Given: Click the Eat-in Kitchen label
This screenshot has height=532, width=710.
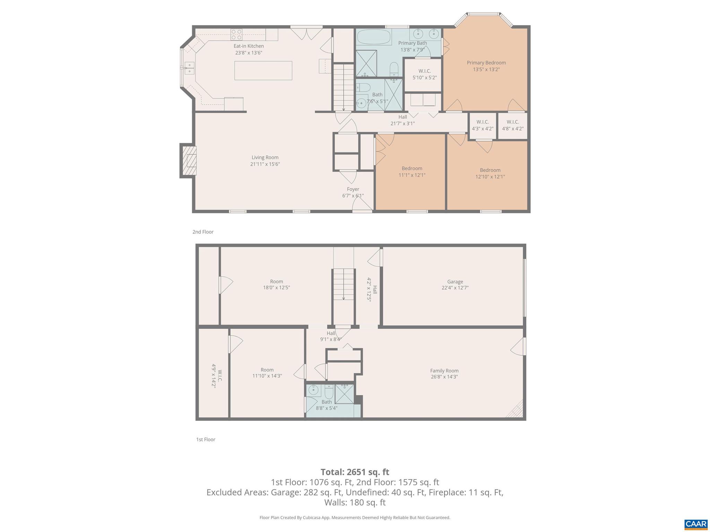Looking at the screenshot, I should (249, 46).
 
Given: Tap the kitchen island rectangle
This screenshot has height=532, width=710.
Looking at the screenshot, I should (263, 70).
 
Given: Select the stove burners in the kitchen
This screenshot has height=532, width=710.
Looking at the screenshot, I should (236, 35).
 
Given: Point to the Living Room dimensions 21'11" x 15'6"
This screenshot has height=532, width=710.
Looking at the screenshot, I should (265, 164).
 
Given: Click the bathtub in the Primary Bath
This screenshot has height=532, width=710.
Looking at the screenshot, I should (374, 37).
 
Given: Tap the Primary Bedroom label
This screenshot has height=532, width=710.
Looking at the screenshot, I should (486, 63).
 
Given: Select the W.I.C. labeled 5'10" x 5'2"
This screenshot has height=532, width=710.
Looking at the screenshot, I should (424, 74).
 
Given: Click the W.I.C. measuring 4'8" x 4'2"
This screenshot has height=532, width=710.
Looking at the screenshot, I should (513, 125).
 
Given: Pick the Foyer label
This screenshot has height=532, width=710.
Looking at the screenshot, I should (353, 189).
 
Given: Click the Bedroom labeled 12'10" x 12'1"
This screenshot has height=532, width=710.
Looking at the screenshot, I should (490, 173).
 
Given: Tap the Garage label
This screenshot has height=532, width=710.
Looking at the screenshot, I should (455, 282).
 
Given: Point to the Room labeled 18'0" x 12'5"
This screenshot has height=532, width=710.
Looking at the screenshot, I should (276, 284).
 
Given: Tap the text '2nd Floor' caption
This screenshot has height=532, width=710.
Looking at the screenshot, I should (203, 232).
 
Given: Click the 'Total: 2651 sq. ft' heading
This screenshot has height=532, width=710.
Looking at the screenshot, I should (355, 472).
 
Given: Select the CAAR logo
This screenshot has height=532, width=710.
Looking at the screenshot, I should (695, 523).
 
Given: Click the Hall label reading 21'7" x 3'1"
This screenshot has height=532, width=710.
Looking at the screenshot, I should (402, 120).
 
